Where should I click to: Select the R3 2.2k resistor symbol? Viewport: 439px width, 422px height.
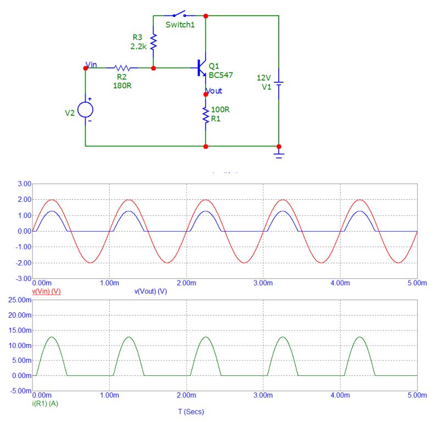coord(154,42)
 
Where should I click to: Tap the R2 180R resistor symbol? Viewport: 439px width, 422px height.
coord(122,68)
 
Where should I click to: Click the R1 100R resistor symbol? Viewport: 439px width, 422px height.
coord(206,115)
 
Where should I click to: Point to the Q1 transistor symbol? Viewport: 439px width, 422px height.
coord(201,68)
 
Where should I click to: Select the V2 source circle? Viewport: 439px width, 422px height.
coord(86,109)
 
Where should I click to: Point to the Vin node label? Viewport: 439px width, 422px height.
coord(92,65)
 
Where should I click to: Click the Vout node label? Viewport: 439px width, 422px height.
coord(214,90)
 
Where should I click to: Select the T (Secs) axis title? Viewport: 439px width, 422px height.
coord(187,412)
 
